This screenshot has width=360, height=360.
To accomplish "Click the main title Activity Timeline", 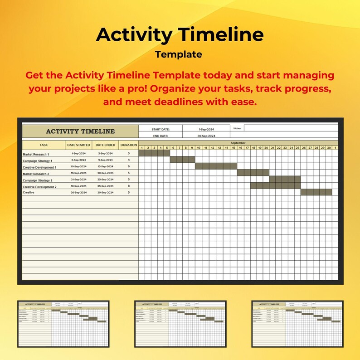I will click(180, 35).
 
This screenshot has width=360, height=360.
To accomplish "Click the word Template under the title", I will click(178, 55).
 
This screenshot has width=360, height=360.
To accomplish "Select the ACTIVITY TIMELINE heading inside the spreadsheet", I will click(80, 131).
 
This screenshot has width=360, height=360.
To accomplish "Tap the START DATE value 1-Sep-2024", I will click(206, 129).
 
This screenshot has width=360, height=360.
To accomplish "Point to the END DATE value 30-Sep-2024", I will click(206, 136).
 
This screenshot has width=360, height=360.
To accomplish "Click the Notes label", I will click(237, 128).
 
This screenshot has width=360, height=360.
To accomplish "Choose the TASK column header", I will click(44, 145).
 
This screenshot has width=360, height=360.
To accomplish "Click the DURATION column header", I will click(128, 145).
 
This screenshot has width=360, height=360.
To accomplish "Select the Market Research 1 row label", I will click(42, 154).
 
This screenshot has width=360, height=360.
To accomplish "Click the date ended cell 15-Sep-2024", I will click(105, 167).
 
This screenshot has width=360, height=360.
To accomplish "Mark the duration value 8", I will click(129, 186).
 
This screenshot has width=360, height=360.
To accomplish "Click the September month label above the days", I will click(238, 143).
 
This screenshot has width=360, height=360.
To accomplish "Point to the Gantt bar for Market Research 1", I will click(154, 153).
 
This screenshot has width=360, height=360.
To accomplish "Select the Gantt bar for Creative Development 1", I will click(216, 166).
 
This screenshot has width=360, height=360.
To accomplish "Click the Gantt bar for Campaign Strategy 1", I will click(183, 160).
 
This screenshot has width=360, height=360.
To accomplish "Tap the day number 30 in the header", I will click(329, 148).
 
